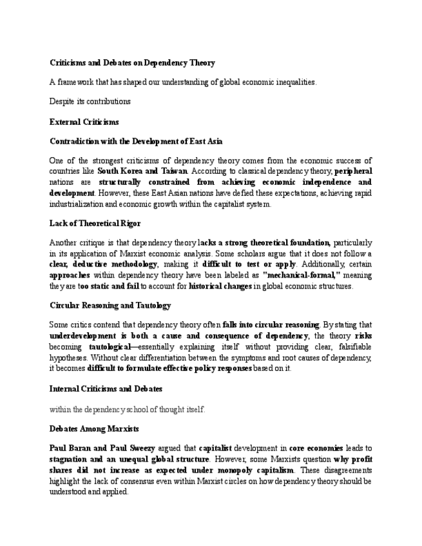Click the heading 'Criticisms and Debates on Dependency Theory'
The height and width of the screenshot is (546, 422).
click(x=132, y=62)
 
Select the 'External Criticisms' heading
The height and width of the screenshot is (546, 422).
click(x=84, y=121)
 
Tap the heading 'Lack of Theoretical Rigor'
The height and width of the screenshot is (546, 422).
click(x=95, y=223)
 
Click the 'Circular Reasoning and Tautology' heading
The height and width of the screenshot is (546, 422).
click(x=110, y=305)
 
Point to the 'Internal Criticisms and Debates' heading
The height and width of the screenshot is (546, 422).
click(x=106, y=388)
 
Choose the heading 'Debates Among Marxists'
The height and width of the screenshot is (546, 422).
click(x=94, y=428)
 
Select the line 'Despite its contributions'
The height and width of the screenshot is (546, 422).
click(x=90, y=101)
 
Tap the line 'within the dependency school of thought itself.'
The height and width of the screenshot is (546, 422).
click(x=127, y=409)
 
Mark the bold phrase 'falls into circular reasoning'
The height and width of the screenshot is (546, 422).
click(x=271, y=325)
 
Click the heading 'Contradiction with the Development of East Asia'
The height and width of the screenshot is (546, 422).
click(x=136, y=141)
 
